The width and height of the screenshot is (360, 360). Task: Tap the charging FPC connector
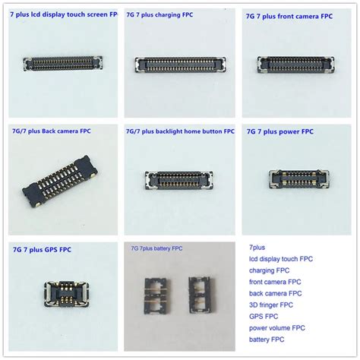pyautogui.click(x=179, y=66)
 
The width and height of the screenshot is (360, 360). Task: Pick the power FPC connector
pyautogui.click(x=299, y=179)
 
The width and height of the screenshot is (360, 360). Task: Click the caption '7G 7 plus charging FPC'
pyautogui.click(x=169, y=13)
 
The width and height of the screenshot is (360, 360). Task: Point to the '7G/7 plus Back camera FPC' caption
pyautogui.click(x=51, y=131)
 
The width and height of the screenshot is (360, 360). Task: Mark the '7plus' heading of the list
pyautogui.click(x=257, y=247)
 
